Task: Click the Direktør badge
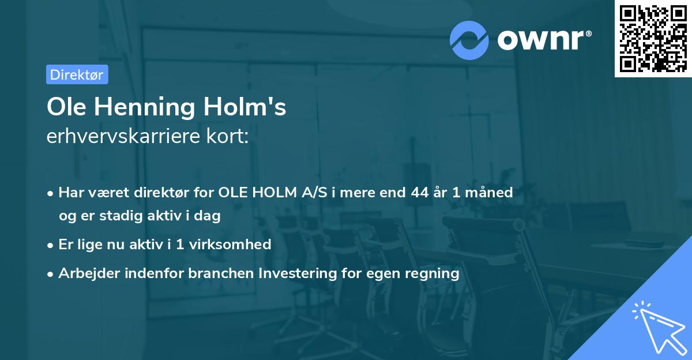[77, 74]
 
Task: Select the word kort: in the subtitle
[230, 137]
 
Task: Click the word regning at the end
[433, 273]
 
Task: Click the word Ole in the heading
[64, 107]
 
